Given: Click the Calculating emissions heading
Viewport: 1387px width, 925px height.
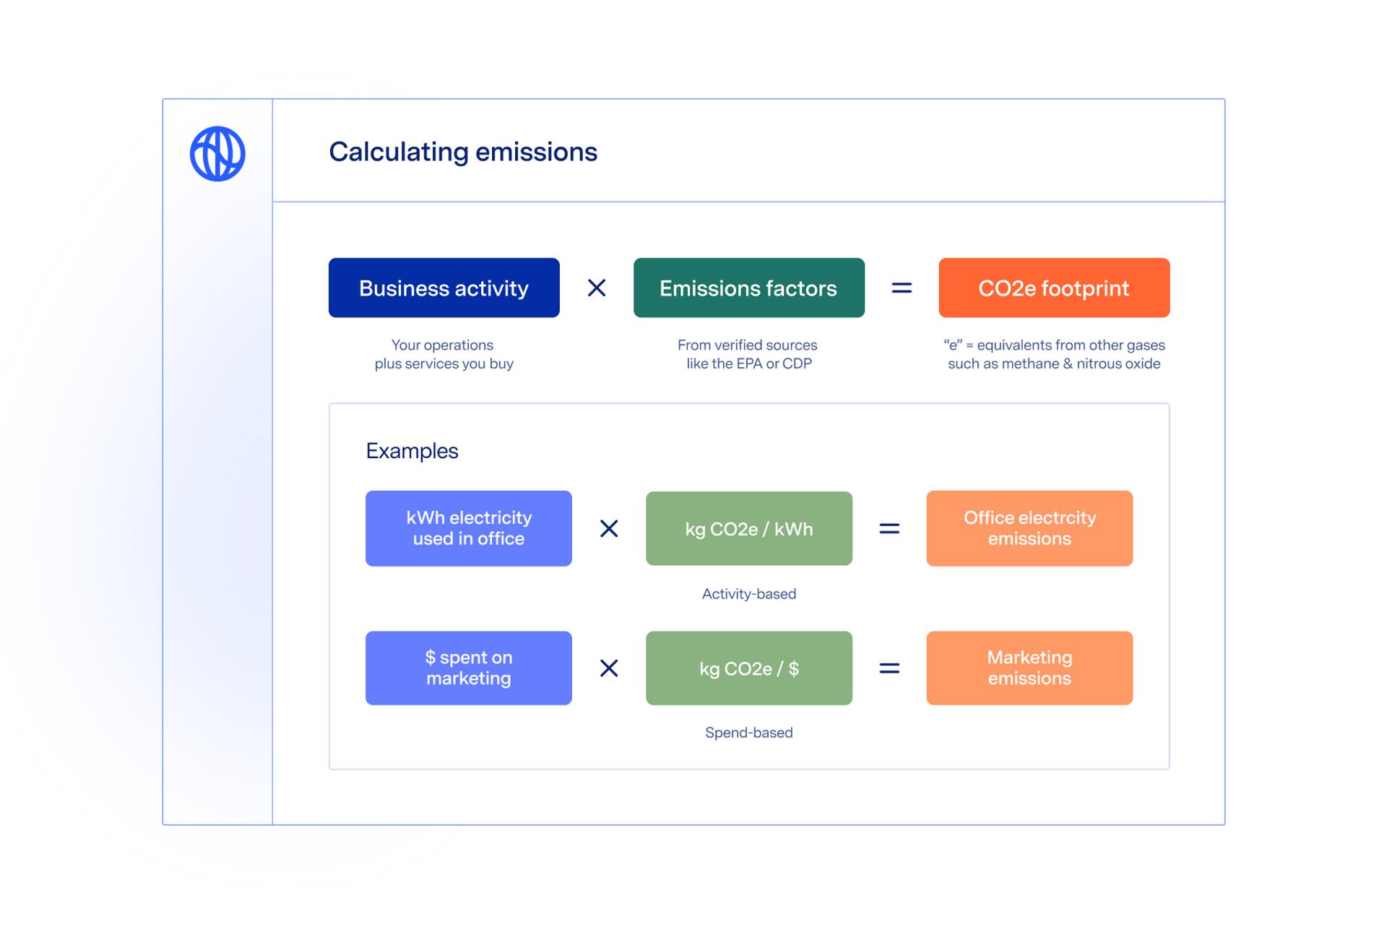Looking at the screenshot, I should pos(463,152).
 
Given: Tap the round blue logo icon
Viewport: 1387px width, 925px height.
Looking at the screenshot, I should pos(217,153).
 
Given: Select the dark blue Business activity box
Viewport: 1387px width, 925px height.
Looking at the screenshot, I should pos(444,288).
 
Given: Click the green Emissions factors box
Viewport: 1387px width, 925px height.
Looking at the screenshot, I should pos(748,288).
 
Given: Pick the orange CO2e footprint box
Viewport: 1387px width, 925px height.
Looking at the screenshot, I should pos(1053,288).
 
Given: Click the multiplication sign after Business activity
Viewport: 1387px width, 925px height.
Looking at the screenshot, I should pos(597,288).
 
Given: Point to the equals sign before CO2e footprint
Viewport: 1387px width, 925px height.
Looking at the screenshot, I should pos(902,288).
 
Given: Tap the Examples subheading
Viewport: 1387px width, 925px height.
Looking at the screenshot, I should pos(412,451).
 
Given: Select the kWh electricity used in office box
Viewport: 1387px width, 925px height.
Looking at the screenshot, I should pos(468,528).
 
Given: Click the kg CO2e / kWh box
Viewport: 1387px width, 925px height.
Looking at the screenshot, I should pos(748,528).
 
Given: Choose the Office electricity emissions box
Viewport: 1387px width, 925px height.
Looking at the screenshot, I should pos(1029,528).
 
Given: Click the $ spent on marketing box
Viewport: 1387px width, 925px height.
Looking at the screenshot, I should pos(468,668).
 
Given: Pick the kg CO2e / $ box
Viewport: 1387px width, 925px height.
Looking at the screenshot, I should pos(748,668).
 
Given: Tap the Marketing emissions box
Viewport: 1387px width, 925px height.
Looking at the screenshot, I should pos(1029,668).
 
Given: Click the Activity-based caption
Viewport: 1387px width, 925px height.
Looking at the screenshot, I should pos(748,593).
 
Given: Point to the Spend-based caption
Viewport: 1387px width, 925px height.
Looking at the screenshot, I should pos(748,732).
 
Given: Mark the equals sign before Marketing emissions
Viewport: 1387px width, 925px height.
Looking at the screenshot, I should pos(889,668).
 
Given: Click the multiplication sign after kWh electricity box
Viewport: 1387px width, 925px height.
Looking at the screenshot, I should pos(609,528).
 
